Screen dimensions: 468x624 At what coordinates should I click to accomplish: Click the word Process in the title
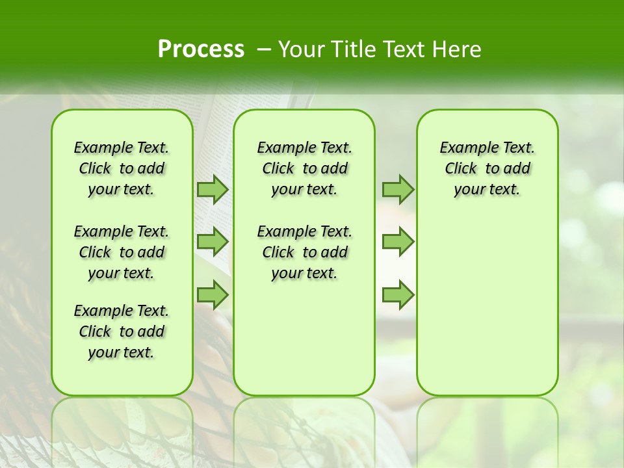(201, 49)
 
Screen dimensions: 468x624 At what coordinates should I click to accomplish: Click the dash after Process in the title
(264, 49)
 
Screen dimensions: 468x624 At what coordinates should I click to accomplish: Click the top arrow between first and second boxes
(213, 189)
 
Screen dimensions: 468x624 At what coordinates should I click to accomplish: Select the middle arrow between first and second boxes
(213, 242)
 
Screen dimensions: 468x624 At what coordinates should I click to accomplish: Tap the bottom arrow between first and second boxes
(213, 295)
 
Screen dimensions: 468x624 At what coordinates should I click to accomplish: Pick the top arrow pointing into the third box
(398, 189)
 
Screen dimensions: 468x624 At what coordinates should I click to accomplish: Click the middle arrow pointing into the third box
(398, 242)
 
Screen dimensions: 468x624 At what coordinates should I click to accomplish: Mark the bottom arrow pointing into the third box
(398, 295)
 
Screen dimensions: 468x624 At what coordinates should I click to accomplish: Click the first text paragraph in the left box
(122, 168)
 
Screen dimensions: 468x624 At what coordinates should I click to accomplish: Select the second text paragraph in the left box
(122, 252)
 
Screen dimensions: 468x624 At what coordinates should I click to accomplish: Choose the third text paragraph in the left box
(122, 331)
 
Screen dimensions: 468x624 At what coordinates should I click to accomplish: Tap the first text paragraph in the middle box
(304, 168)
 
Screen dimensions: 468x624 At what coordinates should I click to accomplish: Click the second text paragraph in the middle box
(304, 252)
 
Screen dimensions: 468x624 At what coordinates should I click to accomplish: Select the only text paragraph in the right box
(487, 168)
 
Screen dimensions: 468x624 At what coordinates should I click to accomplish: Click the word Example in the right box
(463, 148)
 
